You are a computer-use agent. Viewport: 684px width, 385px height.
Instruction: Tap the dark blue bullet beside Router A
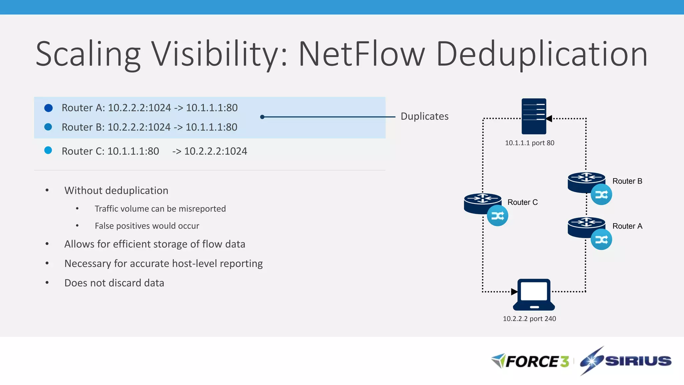pos(48,108)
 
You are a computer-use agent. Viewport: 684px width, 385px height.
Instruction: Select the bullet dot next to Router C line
pos(48,150)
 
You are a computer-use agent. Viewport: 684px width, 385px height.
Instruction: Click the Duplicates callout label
pos(424,116)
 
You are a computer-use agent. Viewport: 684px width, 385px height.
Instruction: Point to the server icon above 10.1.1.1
pos(534,116)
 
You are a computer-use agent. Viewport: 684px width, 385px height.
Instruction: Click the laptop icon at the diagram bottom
pos(534,294)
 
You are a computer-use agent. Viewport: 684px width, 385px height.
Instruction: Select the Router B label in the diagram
pos(627,181)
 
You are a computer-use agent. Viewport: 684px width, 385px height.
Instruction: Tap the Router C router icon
pos(482,203)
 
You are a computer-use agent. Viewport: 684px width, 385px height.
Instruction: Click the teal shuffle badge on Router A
pos(601,239)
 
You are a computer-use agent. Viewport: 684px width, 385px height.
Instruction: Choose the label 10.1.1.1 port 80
pos(529,143)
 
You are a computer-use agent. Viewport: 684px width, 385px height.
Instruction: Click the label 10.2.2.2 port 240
pos(529,319)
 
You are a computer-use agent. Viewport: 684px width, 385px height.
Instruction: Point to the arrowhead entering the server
pos(549,119)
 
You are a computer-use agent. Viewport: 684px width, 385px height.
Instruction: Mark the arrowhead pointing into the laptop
pos(514,291)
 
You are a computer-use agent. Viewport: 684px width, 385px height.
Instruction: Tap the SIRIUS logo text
pos(638,361)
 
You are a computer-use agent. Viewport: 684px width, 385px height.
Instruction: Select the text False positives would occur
pos(147,226)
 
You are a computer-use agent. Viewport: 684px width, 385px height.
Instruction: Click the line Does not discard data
pos(114,283)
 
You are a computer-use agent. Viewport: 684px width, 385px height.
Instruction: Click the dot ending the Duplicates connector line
pos(262,117)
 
